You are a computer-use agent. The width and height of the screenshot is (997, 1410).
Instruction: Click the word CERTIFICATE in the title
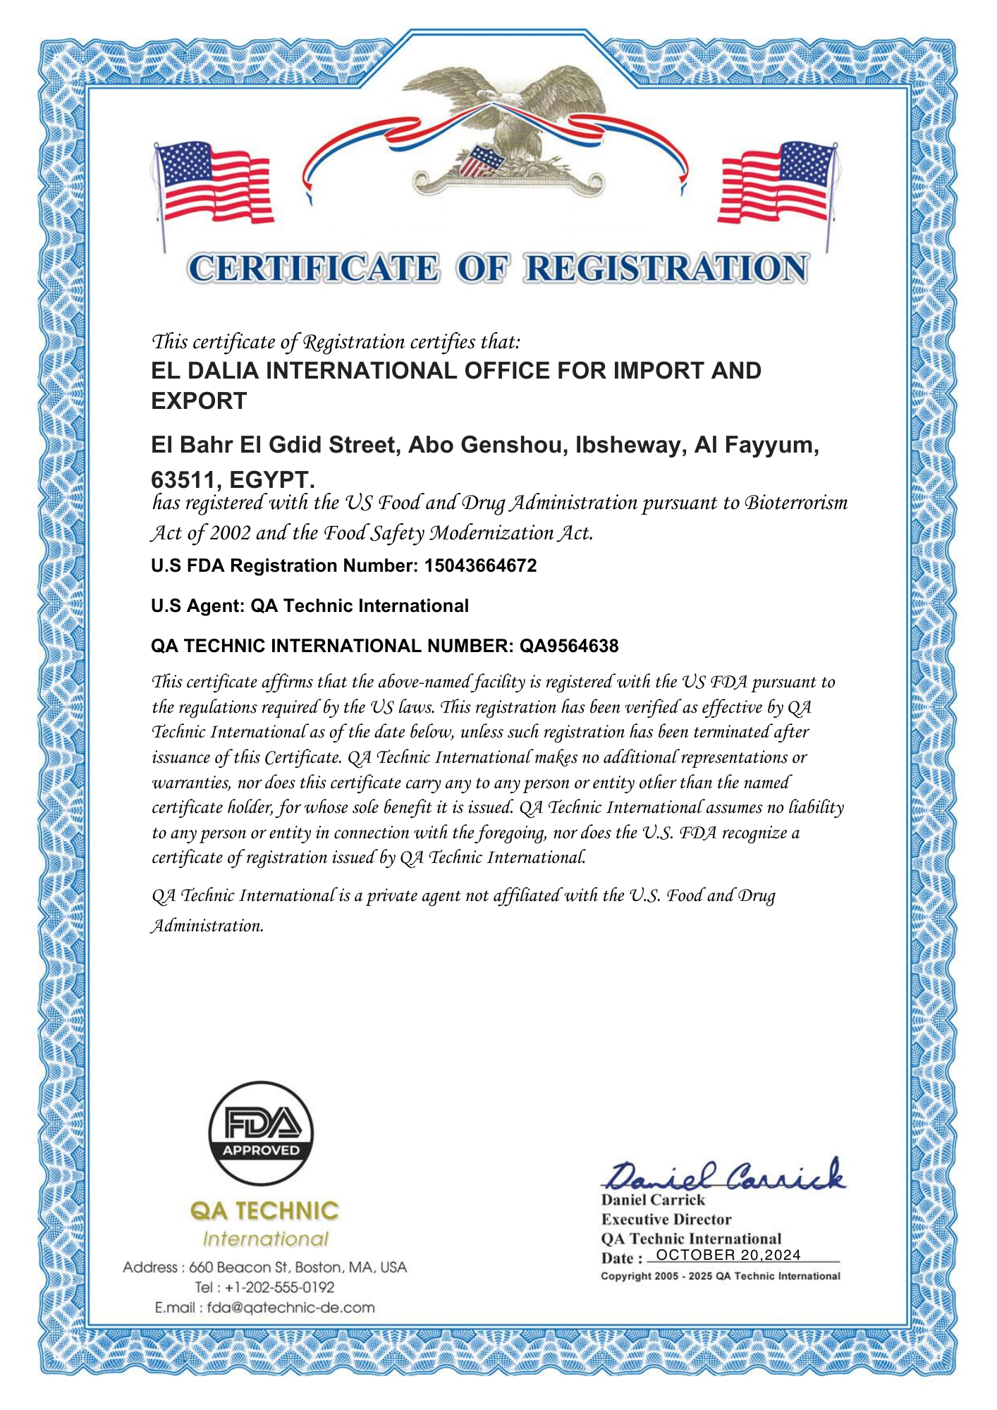pos(314,269)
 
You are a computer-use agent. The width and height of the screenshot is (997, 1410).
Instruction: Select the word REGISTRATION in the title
pos(666,269)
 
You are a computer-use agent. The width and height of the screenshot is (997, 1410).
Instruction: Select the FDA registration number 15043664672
pos(480,565)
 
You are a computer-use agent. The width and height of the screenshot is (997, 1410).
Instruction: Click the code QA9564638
pos(569,646)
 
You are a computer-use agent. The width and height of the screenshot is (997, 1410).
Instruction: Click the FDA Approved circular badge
pos(261,1134)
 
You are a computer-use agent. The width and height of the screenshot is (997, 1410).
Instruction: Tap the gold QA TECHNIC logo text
pos(264,1211)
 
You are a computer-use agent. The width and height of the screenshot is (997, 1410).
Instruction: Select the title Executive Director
pos(666,1220)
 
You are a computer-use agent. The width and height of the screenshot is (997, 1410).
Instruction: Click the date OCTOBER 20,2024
pos(728,1256)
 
